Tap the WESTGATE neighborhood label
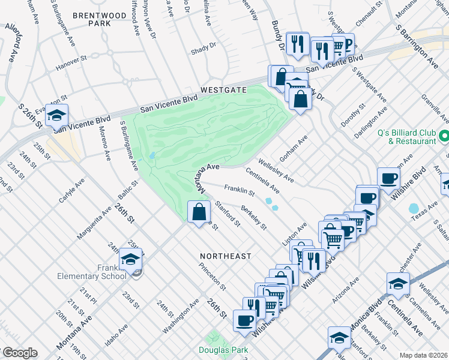pyautogui.click(x=223, y=89)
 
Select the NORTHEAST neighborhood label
pyautogui.click(x=226, y=256)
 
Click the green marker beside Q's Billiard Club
pyautogui.click(x=444, y=136)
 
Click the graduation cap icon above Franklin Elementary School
pyautogui.click(x=130, y=259)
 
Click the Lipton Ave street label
pyautogui.click(x=295, y=233)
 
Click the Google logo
pyautogui.click(x=19, y=353)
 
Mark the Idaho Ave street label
pyautogui.click(x=116, y=335)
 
